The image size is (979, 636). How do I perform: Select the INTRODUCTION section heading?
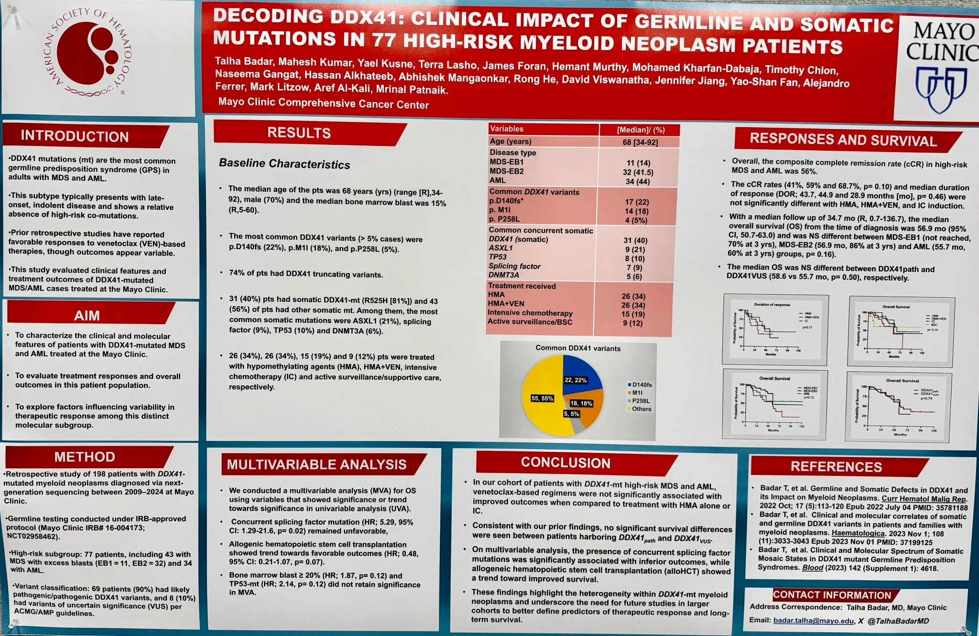pyautogui.click(x=75, y=136)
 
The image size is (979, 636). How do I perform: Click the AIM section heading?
pyautogui.click(x=87, y=316)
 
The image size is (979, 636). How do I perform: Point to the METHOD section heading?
pyautogui.click(x=85, y=457)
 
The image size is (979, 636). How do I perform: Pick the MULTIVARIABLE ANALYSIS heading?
pyautogui.click(x=316, y=464)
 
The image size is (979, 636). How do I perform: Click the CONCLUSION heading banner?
pyautogui.click(x=566, y=463)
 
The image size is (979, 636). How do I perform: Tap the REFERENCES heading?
pyautogui.click(x=836, y=467)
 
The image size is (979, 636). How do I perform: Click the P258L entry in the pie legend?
pyautogui.click(x=641, y=401)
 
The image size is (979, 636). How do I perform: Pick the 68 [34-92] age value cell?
pyautogui.click(x=640, y=143)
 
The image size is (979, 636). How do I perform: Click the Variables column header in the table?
pyautogui.click(x=507, y=129)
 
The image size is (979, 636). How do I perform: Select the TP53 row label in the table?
pyautogui.click(x=498, y=257)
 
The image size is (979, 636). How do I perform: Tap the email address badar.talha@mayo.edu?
pyautogui.click(x=813, y=621)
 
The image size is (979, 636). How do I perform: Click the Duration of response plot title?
pyautogui.click(x=772, y=305)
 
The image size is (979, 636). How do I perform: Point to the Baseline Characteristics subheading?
pyautogui.click(x=284, y=164)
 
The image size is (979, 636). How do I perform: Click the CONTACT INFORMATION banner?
pyautogui.click(x=832, y=595)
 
